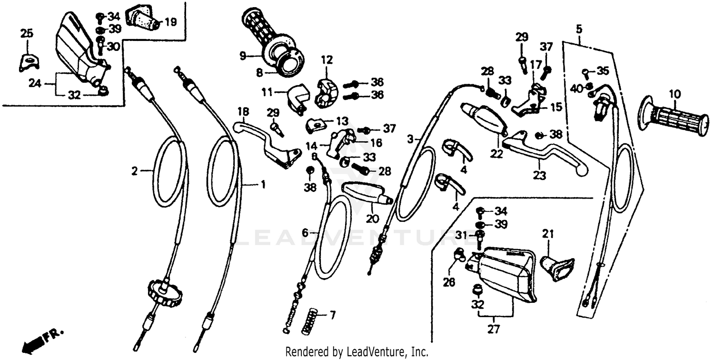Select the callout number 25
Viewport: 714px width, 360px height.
tap(27, 33)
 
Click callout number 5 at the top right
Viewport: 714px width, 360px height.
tap(578, 29)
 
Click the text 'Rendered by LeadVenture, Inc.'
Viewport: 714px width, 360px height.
tap(357, 352)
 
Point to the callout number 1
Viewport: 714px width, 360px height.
tap(262, 184)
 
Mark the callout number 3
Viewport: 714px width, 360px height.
tap(410, 140)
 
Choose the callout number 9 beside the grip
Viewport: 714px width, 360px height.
tap(242, 56)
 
